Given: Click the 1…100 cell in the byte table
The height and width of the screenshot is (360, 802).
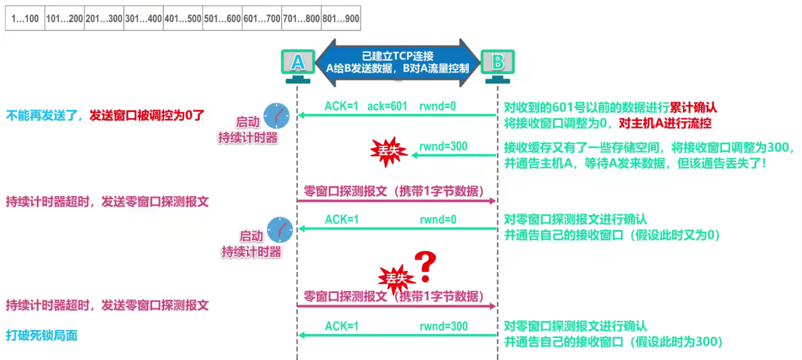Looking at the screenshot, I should [25, 19].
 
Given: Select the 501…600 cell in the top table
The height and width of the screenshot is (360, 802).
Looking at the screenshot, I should [222, 19].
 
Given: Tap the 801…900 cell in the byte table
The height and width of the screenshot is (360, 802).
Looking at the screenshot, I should [341, 19].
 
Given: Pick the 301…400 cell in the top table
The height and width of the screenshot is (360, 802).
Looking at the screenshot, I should [143, 19].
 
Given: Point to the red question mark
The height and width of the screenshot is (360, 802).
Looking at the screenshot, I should [426, 266].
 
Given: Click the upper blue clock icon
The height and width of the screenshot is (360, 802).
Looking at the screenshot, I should [276, 116].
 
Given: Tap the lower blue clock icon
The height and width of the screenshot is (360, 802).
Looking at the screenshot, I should [280, 230].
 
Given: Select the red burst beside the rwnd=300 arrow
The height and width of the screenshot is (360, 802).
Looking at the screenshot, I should [388, 152].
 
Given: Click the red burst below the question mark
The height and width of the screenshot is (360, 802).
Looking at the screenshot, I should [396, 279].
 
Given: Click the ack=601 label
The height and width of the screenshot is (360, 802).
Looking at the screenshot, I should [387, 106].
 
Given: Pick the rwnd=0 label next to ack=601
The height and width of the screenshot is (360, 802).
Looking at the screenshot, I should [438, 106].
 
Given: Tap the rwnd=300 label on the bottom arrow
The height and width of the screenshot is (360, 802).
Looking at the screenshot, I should [443, 326].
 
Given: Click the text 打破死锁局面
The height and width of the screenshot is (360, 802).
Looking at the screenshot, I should [41, 336].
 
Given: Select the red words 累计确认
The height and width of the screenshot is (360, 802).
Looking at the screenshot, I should [693, 107].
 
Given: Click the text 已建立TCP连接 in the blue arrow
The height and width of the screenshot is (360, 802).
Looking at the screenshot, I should [398, 56].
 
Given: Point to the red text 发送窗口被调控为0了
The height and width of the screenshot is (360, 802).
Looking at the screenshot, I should [147, 115].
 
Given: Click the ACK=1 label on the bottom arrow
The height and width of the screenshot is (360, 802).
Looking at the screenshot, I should [342, 326].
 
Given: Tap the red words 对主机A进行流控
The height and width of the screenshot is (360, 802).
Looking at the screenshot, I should [665, 123].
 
